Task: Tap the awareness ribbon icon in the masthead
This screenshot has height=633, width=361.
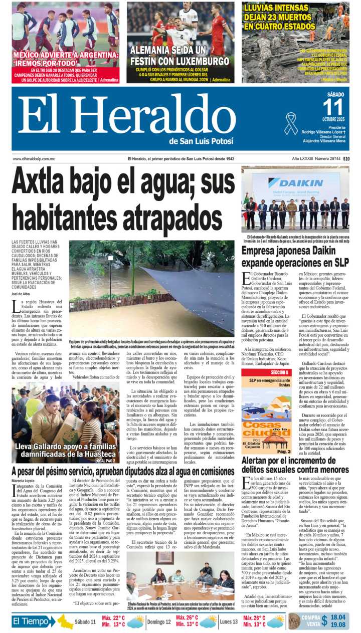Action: pos(291,123)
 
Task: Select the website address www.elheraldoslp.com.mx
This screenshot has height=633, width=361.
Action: pos(34,159)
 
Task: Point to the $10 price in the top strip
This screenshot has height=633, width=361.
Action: pos(346,159)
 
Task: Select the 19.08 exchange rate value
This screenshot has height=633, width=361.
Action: pos(338,624)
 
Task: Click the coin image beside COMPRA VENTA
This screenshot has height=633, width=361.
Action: pos(295,621)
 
